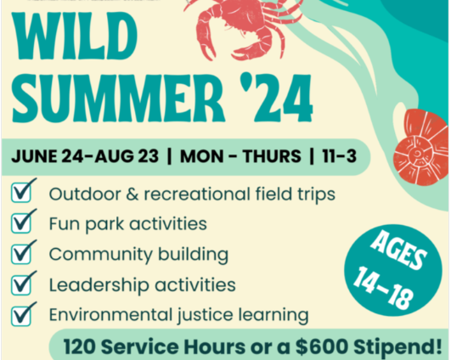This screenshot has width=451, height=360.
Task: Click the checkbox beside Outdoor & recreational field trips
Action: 23,194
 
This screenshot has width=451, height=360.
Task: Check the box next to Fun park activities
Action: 23,223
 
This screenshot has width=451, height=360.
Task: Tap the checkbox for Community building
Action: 23,253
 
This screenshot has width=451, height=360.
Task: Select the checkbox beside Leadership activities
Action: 23,283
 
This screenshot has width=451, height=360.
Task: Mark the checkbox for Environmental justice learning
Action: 23,313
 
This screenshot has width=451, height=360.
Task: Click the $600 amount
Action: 327,346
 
